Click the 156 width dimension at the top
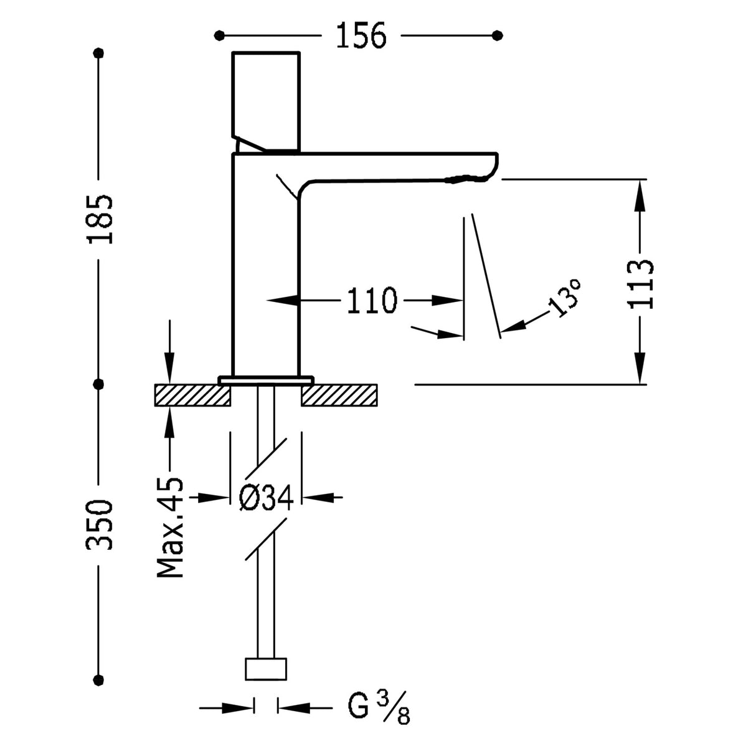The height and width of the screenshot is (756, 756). click(x=361, y=35)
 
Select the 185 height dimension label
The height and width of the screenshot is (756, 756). click(x=100, y=219)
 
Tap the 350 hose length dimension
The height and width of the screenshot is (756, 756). click(x=100, y=524)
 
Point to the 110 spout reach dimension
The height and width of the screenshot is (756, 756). click(x=371, y=301)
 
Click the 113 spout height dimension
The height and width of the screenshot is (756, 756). click(x=641, y=283)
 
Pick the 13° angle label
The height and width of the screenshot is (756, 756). click(x=566, y=298)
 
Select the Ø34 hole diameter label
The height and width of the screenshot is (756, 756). click(x=266, y=498)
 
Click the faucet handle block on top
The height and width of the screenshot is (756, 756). click(x=267, y=100)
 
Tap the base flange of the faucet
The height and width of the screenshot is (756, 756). click(x=266, y=379)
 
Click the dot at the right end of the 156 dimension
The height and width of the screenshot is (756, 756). click(x=496, y=35)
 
